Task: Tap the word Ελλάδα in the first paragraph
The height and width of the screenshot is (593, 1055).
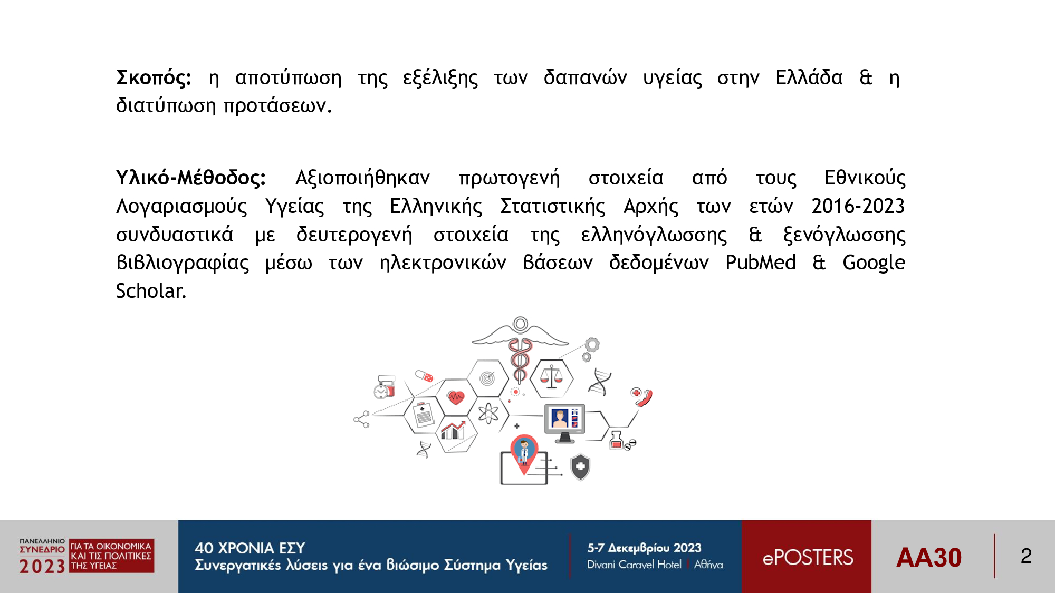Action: click(x=809, y=77)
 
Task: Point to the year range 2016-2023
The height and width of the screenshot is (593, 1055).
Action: click(x=858, y=206)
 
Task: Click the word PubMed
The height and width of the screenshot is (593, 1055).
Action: click(x=761, y=262)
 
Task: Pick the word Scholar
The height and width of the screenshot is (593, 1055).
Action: click(x=151, y=290)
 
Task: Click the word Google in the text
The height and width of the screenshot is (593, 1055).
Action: click(x=874, y=263)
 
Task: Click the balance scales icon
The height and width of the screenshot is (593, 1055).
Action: click(x=552, y=377)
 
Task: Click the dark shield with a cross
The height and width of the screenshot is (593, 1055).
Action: click(x=580, y=467)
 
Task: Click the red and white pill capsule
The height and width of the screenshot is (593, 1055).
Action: click(x=424, y=375)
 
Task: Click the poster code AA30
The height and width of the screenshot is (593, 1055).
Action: click(x=929, y=557)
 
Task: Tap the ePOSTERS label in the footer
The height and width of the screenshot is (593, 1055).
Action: click(x=808, y=557)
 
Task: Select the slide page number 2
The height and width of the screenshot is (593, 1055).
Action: click(x=1026, y=556)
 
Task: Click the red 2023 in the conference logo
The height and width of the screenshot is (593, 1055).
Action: click(x=42, y=566)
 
